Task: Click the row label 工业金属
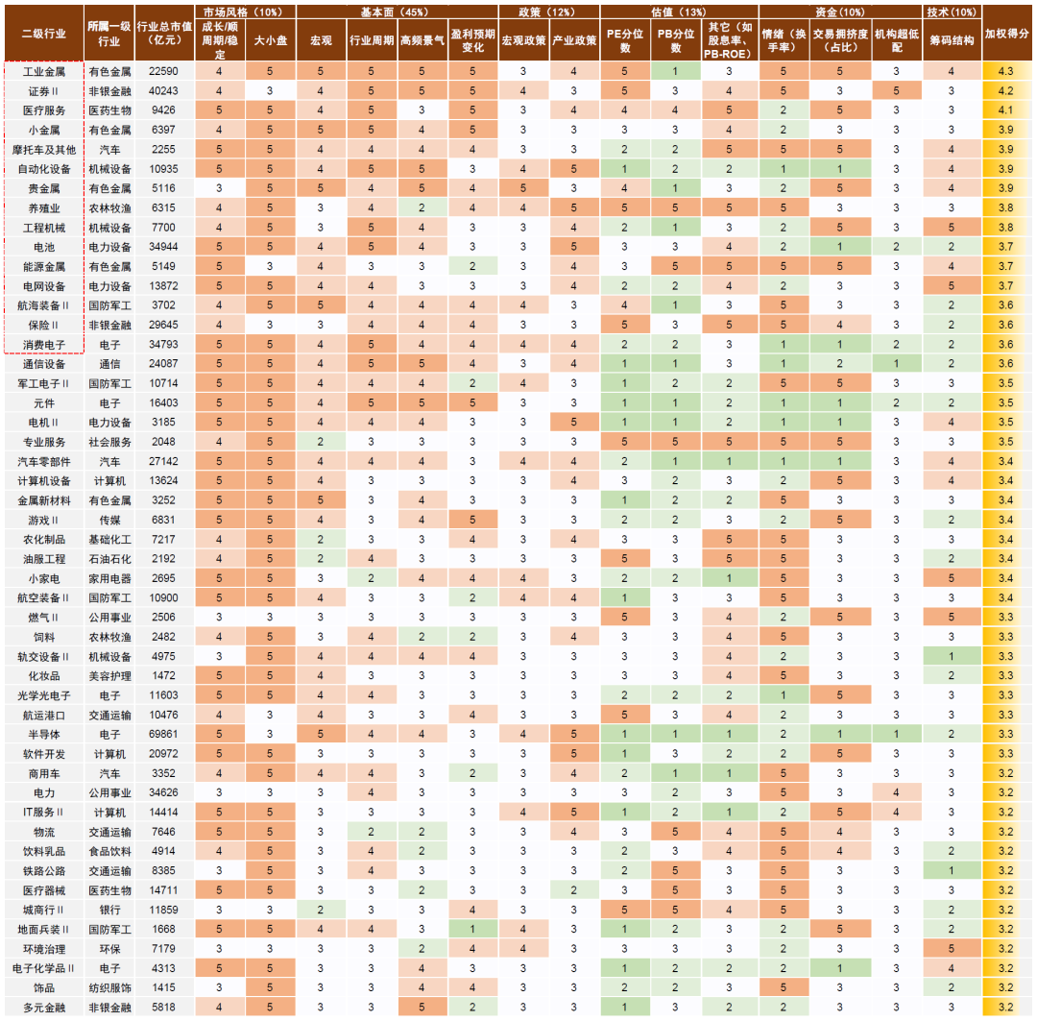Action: [44, 71]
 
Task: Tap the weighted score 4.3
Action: [1006, 71]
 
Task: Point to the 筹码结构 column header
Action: [952, 41]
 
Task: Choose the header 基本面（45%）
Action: [397, 12]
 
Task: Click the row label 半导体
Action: [44, 734]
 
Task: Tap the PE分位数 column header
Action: [625, 41]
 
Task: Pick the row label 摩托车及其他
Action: [44, 149]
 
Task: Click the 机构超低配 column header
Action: [898, 41]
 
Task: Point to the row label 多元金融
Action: [44, 1007]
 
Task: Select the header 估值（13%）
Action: [679, 12]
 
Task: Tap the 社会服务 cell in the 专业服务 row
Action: [109, 442]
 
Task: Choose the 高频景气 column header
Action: [422, 41]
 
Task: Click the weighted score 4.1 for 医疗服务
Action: [1006, 109]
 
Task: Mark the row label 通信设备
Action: [44, 363]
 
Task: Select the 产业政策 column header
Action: [574, 41]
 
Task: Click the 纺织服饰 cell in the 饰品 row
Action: [109, 987]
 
